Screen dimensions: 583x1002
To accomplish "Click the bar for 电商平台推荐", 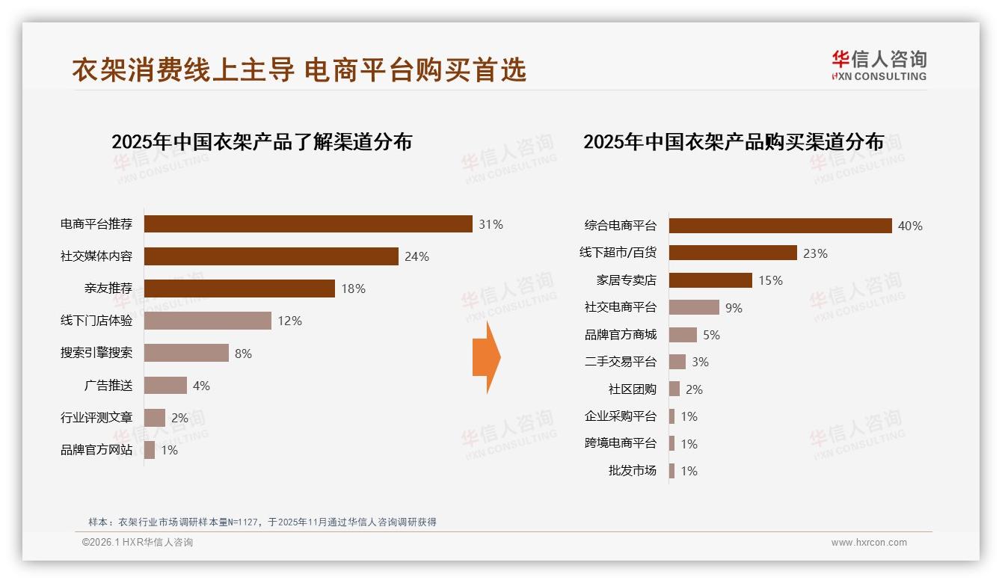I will [308, 224].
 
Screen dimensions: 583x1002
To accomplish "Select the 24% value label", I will [417, 256].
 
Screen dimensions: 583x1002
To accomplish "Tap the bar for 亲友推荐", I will [239, 289].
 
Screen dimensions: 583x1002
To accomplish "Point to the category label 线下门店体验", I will [96, 321].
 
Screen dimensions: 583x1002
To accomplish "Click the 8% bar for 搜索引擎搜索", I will [186, 353].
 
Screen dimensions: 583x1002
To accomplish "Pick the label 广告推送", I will [108, 386].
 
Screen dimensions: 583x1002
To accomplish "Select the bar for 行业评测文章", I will [155, 418].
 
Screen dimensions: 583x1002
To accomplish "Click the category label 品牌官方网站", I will [96, 450].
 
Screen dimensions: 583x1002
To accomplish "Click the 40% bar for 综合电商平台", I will [780, 226].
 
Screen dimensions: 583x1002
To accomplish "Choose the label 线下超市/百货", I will [618, 253].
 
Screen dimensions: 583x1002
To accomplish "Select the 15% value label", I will [770, 280].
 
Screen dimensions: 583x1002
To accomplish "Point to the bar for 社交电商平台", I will [694, 307].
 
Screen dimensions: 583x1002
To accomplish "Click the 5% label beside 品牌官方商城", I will [711, 335].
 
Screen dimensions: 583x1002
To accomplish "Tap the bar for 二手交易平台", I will [677, 362].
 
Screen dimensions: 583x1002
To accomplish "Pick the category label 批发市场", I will [632, 471].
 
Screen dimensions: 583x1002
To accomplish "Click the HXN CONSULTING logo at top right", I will [879, 66].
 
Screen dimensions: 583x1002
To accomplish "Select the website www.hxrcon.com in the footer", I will [869, 543].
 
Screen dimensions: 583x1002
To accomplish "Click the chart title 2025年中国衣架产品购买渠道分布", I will [734, 141].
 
